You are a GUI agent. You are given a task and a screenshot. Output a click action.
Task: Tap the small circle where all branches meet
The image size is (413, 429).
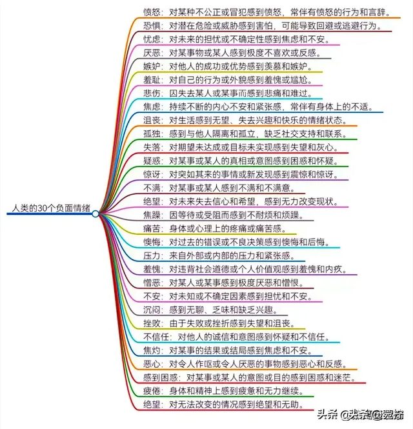click(x=95, y=214)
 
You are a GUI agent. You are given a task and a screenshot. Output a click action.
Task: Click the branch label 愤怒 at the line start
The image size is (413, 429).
click(x=152, y=11)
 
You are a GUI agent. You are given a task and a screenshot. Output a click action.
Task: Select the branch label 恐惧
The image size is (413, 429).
click(x=152, y=25)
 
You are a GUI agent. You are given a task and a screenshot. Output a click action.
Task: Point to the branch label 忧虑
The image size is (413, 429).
click(x=152, y=39)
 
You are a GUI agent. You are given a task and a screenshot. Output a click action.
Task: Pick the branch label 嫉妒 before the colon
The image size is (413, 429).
click(x=152, y=67)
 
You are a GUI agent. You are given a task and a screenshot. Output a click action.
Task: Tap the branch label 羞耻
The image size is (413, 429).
click(x=152, y=80)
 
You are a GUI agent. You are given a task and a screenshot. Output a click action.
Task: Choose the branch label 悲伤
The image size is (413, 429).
click(x=152, y=94)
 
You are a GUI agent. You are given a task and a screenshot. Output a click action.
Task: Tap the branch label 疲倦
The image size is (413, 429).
click(x=152, y=392)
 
